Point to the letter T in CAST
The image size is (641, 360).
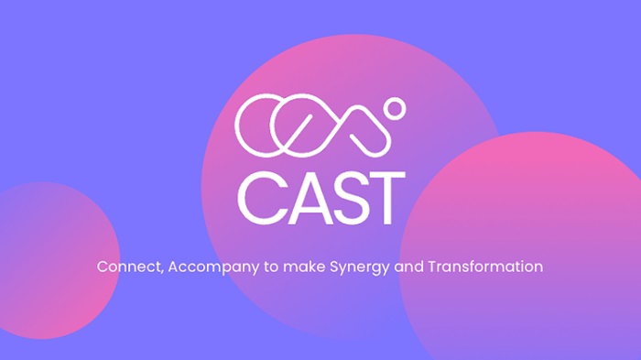383,197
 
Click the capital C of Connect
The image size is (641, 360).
103,267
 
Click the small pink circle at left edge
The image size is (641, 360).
50,247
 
